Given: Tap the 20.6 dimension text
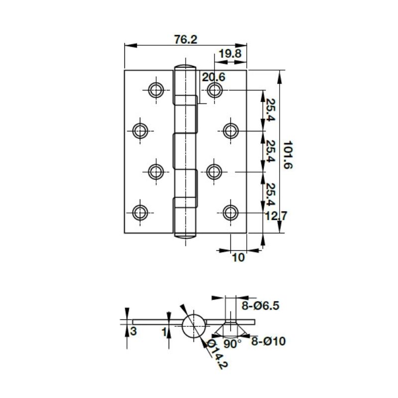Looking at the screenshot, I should click(213, 77).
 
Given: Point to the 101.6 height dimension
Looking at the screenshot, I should click(288, 154).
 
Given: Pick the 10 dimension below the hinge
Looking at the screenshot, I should click(239, 258).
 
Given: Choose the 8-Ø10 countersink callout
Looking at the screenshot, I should click(268, 341).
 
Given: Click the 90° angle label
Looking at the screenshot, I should click(232, 343).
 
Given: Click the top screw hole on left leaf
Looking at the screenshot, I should click(156, 90).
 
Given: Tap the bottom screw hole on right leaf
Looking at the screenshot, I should click(230, 212).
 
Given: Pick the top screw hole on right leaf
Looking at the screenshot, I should click(214, 90).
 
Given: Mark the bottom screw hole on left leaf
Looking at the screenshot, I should click(141, 212).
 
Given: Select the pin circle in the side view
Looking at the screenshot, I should click(193, 326).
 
